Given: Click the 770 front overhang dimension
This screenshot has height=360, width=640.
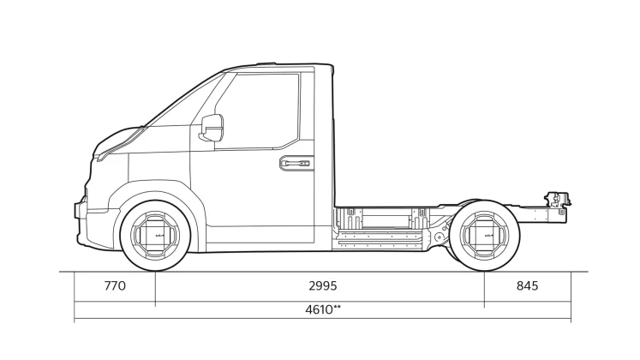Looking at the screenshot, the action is pos(115,285).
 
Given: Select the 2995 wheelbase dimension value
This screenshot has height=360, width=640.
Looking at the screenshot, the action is pos(323,285).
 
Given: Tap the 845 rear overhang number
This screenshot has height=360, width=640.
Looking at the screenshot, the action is pos(528,285).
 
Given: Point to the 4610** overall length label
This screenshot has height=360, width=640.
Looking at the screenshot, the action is pos(323,309).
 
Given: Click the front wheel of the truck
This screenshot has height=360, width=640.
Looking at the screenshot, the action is pos(156,236).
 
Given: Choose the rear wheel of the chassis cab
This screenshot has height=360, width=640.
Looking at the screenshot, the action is pos(484,236).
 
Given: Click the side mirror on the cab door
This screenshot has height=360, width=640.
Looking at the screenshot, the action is pos(212,128).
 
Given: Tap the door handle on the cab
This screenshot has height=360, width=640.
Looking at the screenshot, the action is pos(296,163).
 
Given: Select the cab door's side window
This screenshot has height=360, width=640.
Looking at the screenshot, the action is pos(257,111).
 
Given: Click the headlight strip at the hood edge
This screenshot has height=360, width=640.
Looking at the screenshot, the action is pos(121,144).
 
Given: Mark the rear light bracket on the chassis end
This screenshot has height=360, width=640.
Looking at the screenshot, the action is pos(558,200).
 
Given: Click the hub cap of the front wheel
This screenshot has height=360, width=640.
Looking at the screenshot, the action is pos(156,236).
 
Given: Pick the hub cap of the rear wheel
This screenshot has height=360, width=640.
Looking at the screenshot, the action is pos(484,236).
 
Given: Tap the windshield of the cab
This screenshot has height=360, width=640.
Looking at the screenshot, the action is pos(183,100).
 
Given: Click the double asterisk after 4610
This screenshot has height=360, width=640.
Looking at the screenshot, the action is pos(338,307).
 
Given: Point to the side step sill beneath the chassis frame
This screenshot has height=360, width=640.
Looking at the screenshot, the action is pos(380,240).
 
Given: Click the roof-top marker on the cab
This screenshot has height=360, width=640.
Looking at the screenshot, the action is pos(266,63).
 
